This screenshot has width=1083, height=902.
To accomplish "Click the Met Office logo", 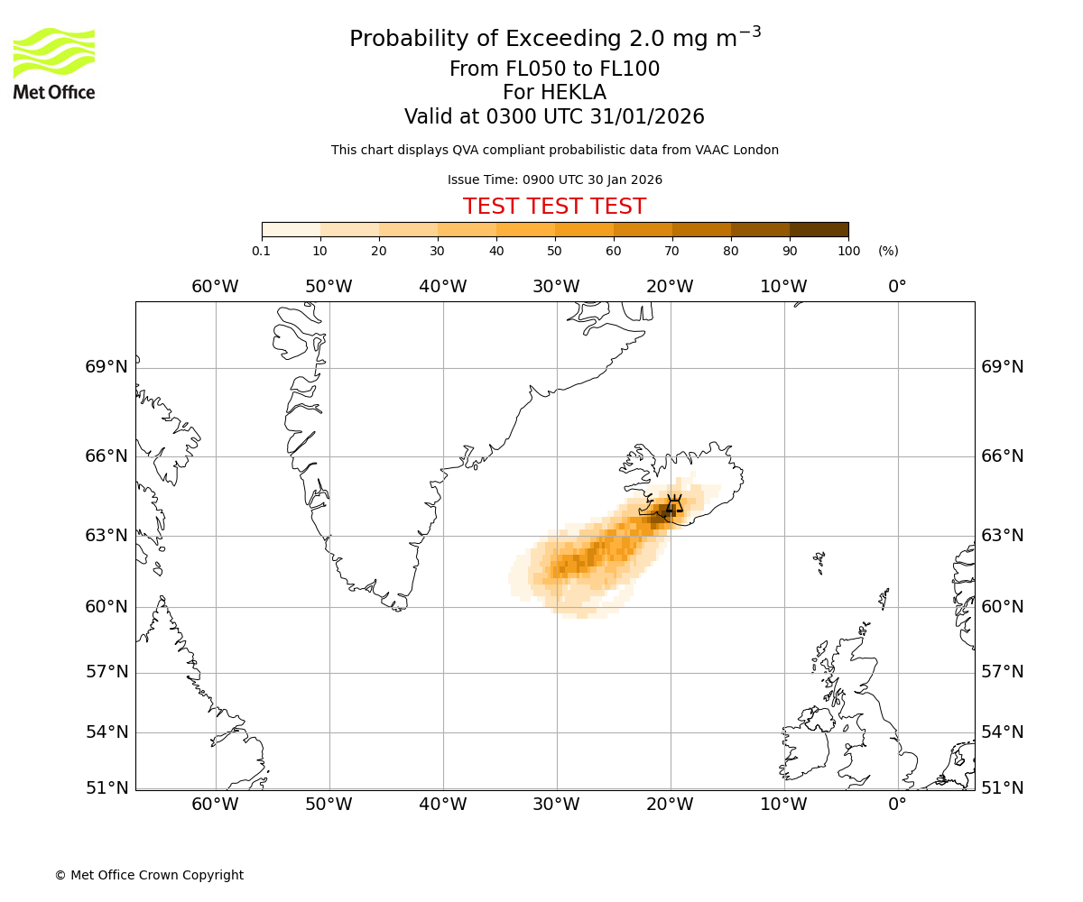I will click(x=54, y=63).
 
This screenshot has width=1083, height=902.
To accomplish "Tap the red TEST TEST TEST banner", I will click(x=554, y=207).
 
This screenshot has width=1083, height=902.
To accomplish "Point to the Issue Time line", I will click(x=554, y=179).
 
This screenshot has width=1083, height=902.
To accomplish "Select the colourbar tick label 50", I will click(x=554, y=251).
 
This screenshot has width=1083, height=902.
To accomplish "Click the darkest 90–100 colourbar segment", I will click(x=819, y=229).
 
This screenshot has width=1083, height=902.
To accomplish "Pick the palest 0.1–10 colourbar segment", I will click(x=291, y=229).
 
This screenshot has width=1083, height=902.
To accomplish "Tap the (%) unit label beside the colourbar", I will click(x=888, y=251).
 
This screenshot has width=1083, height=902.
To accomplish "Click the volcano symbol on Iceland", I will click(x=673, y=504).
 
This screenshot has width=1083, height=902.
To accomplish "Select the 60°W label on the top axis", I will click(x=215, y=287).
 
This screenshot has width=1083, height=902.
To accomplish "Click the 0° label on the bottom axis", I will click(x=897, y=805).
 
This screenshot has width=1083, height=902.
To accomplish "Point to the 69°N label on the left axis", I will click(x=106, y=367).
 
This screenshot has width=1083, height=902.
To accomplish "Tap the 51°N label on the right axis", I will click(x=1003, y=787).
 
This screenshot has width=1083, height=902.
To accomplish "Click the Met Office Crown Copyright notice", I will click(x=149, y=875).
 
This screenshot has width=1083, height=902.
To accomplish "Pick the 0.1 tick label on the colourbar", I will click(x=262, y=251).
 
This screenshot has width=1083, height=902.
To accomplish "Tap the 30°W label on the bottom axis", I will click(x=556, y=805).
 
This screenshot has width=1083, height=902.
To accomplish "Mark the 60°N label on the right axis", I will click(x=1003, y=606).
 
